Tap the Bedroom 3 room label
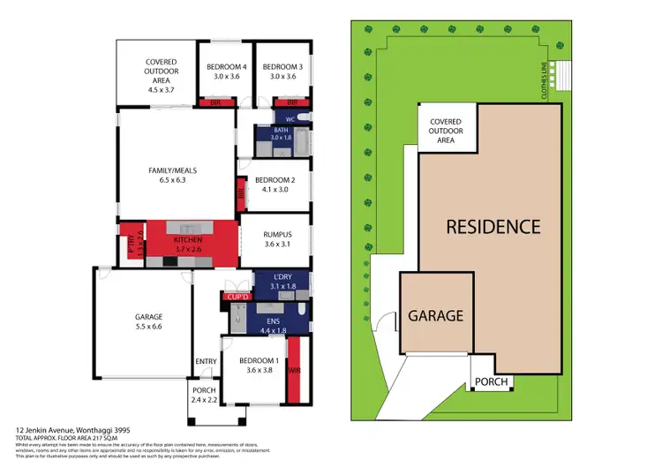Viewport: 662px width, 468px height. (x=282, y=72)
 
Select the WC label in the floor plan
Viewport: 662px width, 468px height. (x=289, y=117)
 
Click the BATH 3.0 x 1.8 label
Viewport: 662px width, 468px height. (x=281, y=134)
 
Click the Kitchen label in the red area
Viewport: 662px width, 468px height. (x=188, y=245)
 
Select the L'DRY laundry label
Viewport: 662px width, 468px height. (x=276, y=282)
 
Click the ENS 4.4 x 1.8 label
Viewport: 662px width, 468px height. (x=275, y=326)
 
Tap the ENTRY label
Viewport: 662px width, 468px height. (x=206, y=360)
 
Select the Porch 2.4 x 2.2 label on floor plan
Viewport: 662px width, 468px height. (x=204, y=395)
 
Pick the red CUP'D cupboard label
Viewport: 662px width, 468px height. (x=236, y=298)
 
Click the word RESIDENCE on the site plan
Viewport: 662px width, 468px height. (x=493, y=226)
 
